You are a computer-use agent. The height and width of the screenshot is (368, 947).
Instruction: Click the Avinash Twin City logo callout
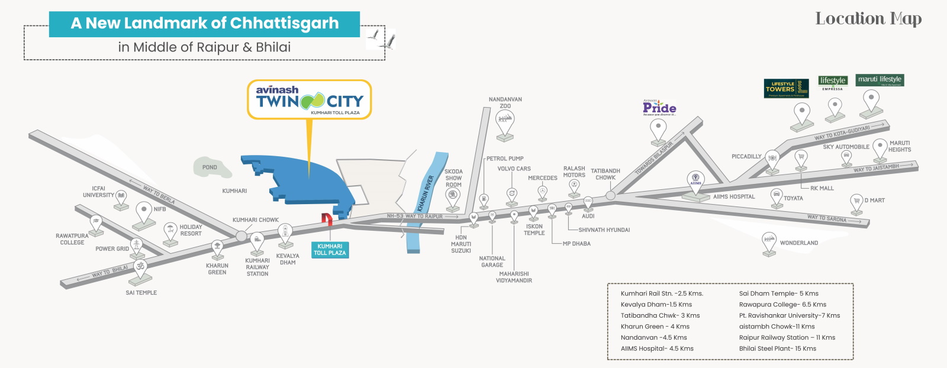click(x=309, y=99)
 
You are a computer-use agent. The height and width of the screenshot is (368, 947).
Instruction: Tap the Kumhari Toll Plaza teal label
click(x=330, y=250)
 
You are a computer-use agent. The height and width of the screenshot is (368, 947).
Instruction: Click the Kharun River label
click(x=426, y=193)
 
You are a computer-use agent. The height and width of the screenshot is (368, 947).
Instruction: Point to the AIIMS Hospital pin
click(x=695, y=179)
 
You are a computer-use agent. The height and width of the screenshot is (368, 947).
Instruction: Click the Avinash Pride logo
click(x=659, y=107)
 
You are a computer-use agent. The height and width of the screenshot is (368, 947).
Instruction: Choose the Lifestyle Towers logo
click(x=786, y=88)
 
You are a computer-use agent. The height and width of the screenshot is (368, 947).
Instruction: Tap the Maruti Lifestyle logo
click(x=880, y=80)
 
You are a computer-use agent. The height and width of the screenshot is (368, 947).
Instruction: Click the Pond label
click(x=210, y=167)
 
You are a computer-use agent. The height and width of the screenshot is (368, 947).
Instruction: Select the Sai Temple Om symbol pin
click(x=140, y=267)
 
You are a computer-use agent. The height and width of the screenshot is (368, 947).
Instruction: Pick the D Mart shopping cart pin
click(x=856, y=201)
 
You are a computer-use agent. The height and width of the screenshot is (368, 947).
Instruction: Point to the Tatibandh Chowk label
click(x=605, y=174)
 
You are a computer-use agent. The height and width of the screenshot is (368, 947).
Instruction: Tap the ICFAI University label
click(x=98, y=192)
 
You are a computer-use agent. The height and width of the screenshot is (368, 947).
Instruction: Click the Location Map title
click(x=868, y=19)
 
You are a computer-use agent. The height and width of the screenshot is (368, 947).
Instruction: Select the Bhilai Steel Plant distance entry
click(x=777, y=348)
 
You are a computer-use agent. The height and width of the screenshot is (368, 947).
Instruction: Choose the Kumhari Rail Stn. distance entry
click(x=662, y=293)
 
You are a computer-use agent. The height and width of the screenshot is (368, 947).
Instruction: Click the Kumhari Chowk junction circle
click(x=241, y=236)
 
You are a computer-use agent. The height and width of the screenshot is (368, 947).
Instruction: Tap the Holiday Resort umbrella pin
click(x=170, y=230)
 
